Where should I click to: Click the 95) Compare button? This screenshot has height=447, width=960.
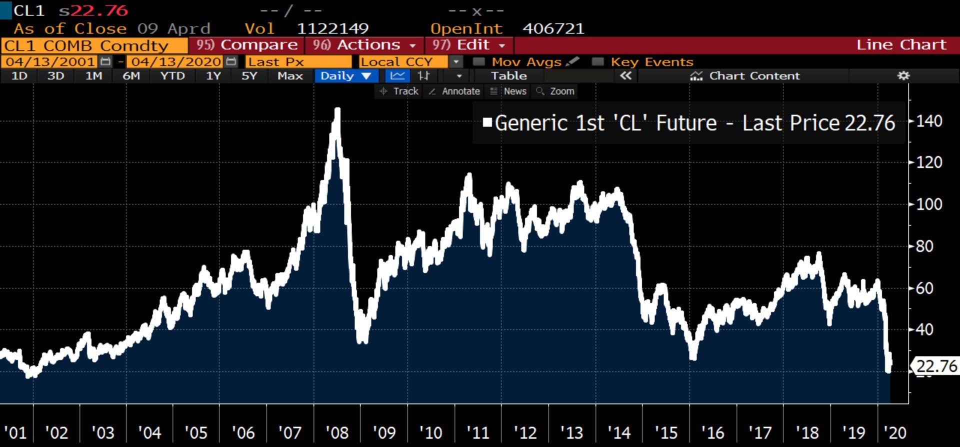click(x=246, y=45)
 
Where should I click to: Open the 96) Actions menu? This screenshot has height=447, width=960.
click(x=364, y=45)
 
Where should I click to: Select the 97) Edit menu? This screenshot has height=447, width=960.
click(x=468, y=45)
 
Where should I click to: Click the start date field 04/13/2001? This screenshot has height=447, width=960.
click(x=50, y=62)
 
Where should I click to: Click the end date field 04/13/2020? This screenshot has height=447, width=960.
click(x=176, y=62)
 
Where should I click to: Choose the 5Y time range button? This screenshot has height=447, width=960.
click(x=249, y=76)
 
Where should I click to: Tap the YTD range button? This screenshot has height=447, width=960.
click(x=172, y=76)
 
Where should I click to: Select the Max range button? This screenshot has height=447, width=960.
click(x=290, y=76)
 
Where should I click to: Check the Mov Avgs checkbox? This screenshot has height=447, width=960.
click(x=479, y=62)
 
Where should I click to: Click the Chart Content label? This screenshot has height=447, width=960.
click(x=754, y=76)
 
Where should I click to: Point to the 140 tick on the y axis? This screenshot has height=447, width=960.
click(x=929, y=121)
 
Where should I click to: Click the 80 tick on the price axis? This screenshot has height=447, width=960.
click(x=924, y=246)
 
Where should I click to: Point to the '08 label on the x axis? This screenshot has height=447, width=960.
click(x=336, y=432)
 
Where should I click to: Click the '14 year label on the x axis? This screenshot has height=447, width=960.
click(x=618, y=432)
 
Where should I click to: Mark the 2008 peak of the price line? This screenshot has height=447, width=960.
click(x=337, y=109)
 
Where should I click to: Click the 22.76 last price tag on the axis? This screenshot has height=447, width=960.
click(x=936, y=366)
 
